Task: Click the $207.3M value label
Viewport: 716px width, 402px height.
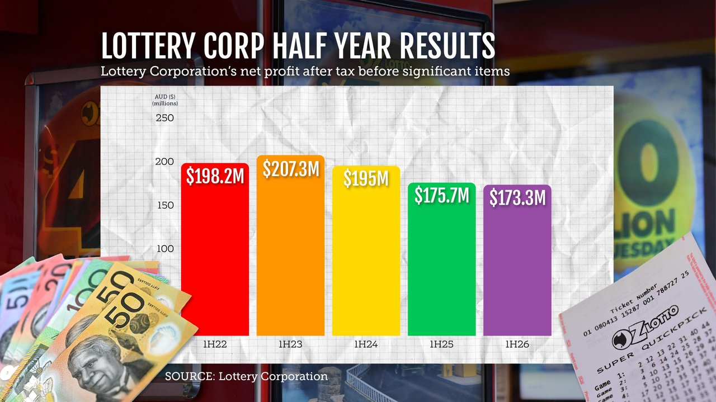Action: click(291, 169)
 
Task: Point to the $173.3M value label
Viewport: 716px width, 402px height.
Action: click(517, 198)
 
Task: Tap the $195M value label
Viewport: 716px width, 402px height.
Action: click(366, 178)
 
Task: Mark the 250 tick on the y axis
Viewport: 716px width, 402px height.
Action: click(164, 118)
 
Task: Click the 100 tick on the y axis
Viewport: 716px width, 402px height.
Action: click(164, 248)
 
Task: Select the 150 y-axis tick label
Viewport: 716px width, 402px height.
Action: click(164, 205)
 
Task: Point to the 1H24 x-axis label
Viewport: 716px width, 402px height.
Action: click(366, 344)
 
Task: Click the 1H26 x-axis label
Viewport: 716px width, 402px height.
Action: click(517, 344)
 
